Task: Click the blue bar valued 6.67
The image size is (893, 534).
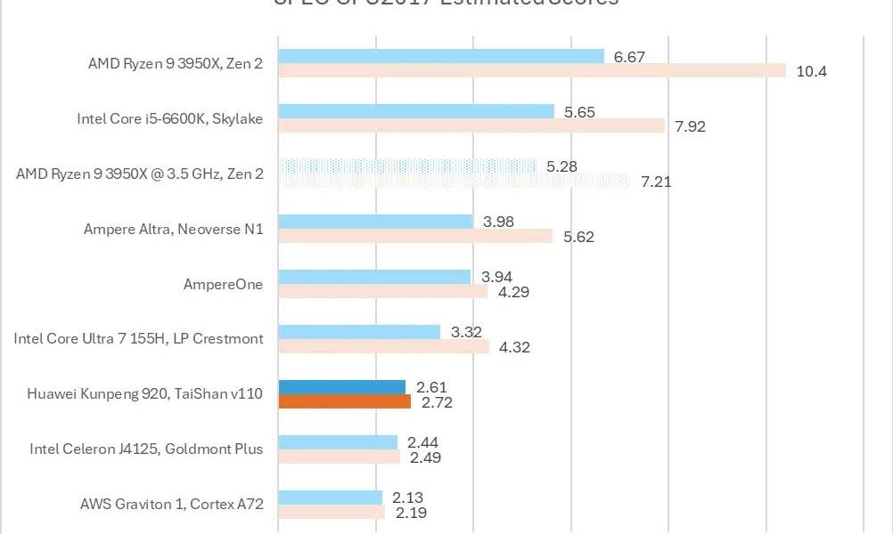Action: pos(441,56)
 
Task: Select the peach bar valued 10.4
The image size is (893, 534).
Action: pos(532,70)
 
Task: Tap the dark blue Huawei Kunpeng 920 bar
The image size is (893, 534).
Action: pos(342,387)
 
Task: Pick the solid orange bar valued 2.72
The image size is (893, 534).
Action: pos(345,401)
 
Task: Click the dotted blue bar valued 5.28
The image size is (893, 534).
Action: pos(408,166)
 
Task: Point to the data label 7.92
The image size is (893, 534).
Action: pos(690,126)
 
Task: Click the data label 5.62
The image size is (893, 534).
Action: pos(578,237)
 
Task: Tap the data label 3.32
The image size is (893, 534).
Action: pos(466,332)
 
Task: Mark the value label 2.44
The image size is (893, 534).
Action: pos(422,442)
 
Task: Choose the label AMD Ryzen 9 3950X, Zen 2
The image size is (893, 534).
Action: pos(176,63)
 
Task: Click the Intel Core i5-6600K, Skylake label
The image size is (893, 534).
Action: pos(169,118)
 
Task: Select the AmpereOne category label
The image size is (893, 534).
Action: pos(222,284)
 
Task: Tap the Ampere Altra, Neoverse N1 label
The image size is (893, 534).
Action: pos(173,229)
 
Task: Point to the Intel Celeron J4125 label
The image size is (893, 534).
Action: pos(146,449)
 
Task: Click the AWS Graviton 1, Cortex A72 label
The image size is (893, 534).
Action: pos(171,504)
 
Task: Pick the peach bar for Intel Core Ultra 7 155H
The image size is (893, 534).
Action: pos(384,346)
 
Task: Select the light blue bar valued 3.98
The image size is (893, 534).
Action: pos(375,222)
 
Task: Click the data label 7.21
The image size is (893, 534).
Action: pos(656,182)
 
